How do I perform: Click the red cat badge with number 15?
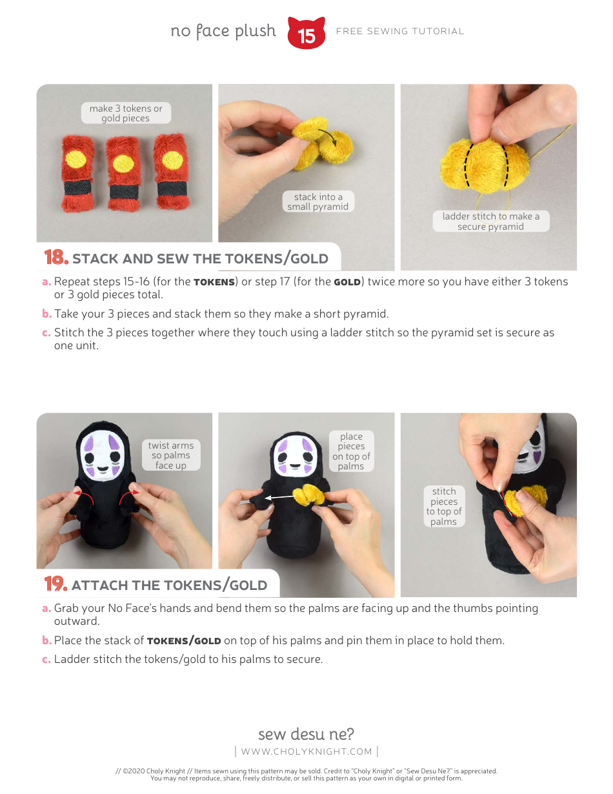pos(306,34)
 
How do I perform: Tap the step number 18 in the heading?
pos(56,258)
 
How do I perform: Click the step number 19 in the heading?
pos(56,584)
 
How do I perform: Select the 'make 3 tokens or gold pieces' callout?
pos(126,114)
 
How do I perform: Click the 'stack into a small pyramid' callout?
pos(317,202)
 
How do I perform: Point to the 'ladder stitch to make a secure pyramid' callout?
pos(490,221)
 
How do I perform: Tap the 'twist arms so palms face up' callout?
pos(171,455)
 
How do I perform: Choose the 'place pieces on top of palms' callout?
pos(351,451)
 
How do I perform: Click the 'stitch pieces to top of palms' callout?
pos(444,507)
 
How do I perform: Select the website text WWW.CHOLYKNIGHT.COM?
pos(306,751)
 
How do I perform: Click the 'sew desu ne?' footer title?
pos(306,734)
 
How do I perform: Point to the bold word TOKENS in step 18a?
pos(214,282)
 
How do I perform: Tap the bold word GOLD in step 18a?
pos(347,282)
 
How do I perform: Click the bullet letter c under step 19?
pos(46,660)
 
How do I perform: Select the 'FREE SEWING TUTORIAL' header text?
pos(400,31)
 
